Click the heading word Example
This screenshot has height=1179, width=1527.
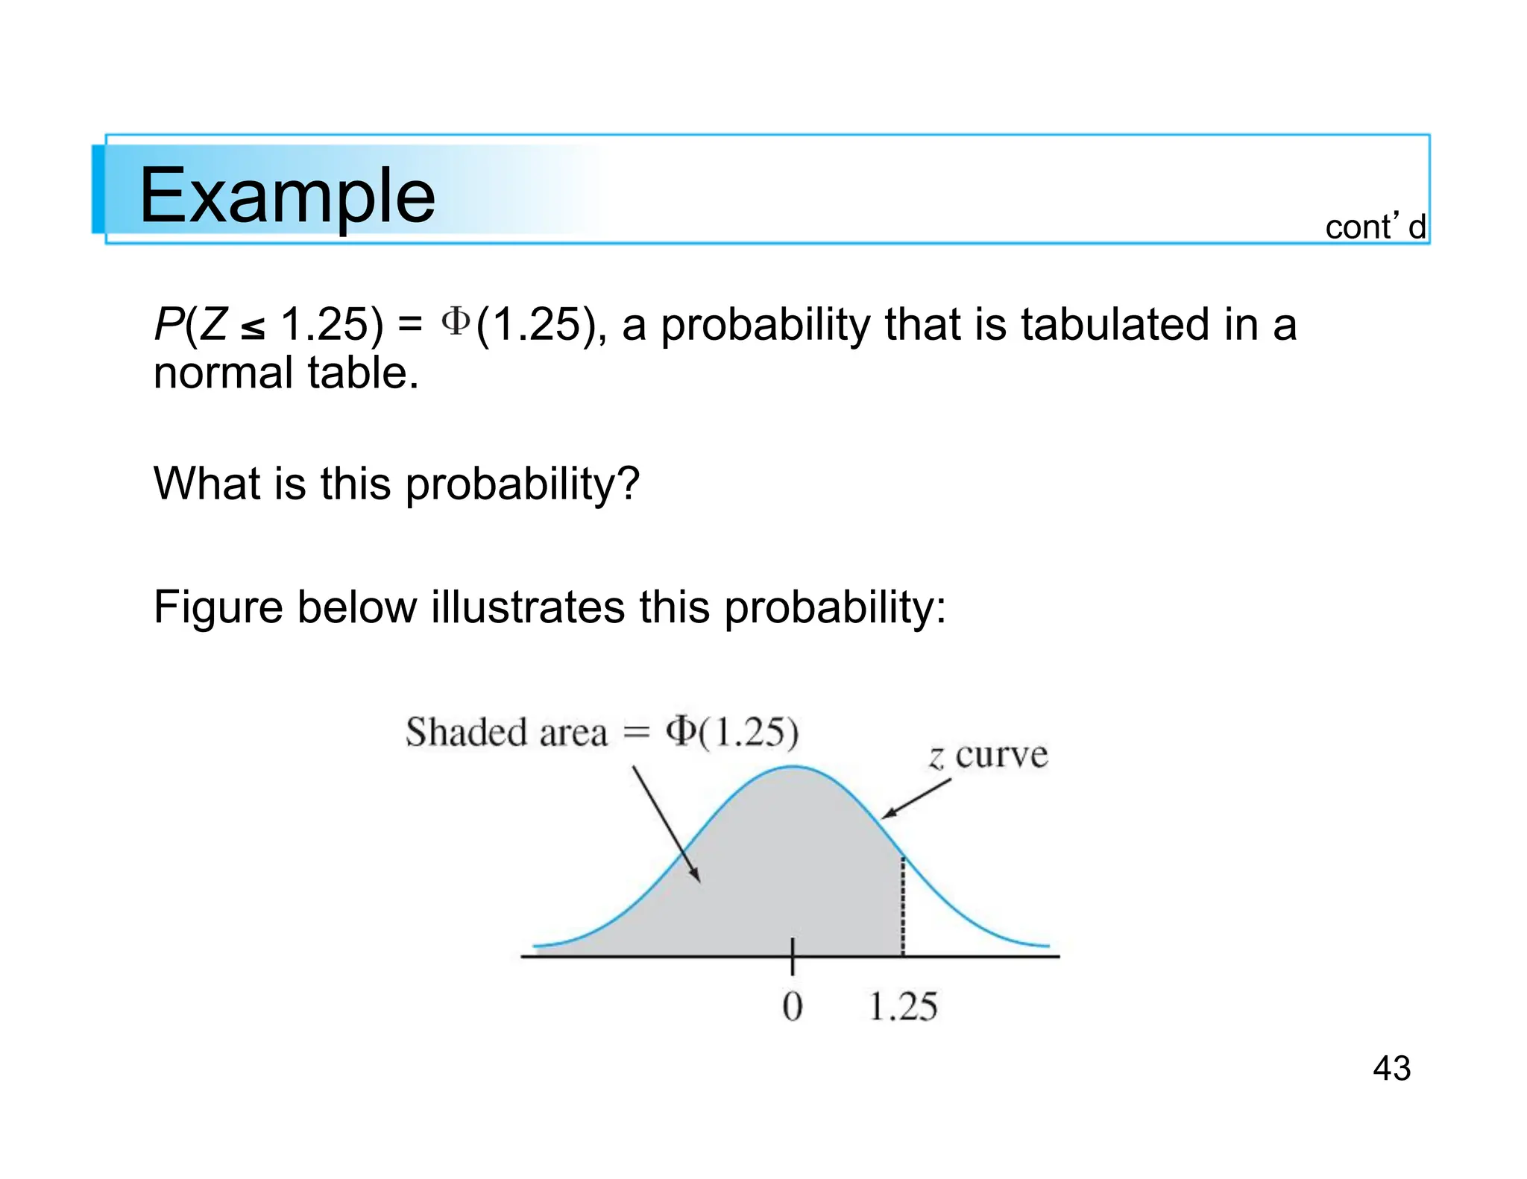287,195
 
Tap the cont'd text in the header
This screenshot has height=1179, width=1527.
1375,227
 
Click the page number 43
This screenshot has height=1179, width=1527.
1391,1068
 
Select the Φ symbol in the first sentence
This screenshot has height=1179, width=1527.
456,322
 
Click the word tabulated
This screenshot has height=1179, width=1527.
1115,325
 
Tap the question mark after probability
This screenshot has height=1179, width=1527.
629,483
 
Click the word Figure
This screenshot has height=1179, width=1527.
218,607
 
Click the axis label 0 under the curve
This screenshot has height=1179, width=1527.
793,1007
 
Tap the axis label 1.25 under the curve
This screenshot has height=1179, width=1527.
902,1007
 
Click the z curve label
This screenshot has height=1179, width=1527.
989,756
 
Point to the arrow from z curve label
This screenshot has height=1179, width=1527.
916,799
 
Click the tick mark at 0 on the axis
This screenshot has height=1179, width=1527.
793,957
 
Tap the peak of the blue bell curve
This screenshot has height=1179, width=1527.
793,766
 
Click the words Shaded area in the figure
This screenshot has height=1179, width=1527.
506,732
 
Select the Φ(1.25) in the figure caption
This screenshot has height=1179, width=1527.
731,732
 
